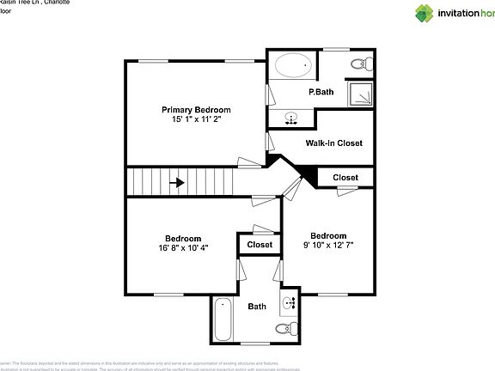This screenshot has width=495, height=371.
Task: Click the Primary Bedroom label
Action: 197,110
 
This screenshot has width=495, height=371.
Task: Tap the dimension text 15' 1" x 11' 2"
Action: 197,119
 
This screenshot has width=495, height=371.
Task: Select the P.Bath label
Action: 321,92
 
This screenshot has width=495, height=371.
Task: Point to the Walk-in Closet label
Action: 333,143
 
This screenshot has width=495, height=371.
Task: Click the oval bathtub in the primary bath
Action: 294,66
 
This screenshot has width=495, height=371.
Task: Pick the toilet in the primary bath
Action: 361,63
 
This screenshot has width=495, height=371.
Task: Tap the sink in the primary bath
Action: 292,118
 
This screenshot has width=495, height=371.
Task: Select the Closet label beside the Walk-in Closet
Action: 345,178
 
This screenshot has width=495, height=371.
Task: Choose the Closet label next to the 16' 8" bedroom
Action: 260,245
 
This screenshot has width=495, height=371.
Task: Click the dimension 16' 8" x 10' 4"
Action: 184,247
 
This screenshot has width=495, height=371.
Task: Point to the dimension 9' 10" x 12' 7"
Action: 328,246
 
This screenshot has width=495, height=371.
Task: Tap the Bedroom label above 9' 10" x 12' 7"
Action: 328,236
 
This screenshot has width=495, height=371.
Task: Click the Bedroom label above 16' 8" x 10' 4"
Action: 184,238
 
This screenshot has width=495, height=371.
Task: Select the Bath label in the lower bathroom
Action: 257,306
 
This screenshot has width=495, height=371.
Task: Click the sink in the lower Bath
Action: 289,302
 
